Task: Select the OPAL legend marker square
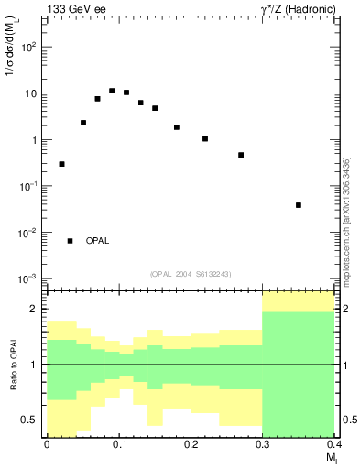[70, 241]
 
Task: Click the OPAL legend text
[97, 241]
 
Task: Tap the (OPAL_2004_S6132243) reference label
[191, 273]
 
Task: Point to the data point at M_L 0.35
[299, 205]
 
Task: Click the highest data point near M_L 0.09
[112, 91]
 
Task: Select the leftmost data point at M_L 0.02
[61, 164]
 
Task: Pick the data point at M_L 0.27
[241, 155]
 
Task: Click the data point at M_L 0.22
[205, 139]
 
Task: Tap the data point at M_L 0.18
[177, 127]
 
